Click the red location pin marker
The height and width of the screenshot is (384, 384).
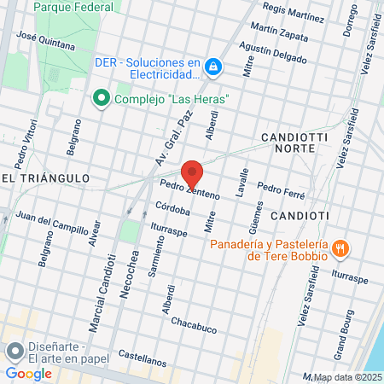(193, 172)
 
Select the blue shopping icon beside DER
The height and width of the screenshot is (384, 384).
(215, 66)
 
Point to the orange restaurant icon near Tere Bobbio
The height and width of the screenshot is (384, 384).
(340, 248)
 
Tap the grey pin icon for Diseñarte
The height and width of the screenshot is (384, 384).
(15, 351)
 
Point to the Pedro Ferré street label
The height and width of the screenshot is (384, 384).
(281, 190)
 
